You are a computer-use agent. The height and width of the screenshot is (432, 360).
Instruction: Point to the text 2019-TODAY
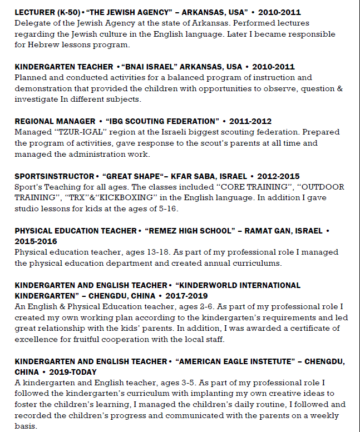coord(73,372)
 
